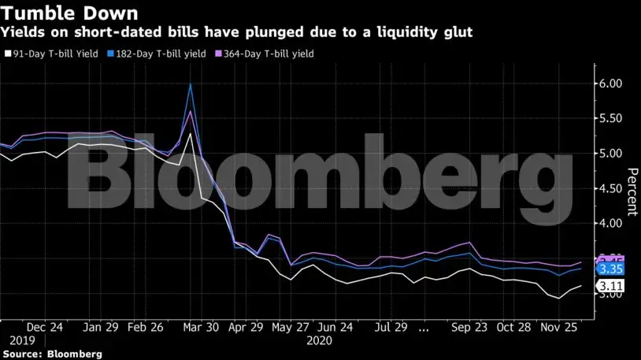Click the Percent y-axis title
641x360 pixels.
(632, 191)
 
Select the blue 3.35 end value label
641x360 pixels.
(611, 269)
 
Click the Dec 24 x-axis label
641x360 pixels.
(45, 327)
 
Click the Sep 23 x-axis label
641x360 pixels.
(472, 327)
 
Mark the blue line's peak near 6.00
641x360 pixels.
(191, 84)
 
